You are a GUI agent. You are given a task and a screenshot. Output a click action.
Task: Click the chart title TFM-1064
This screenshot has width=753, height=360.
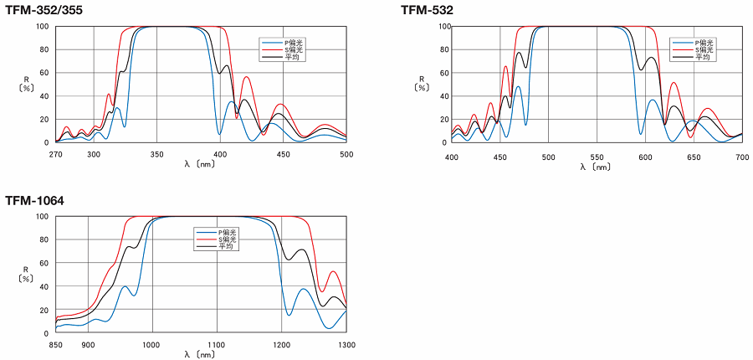pyautogui.click(x=34, y=201)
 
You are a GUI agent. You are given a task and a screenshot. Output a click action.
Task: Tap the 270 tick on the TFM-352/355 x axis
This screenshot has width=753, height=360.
pyautogui.click(x=56, y=154)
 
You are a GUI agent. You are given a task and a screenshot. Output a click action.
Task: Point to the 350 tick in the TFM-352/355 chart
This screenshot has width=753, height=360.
pyautogui.click(x=156, y=154)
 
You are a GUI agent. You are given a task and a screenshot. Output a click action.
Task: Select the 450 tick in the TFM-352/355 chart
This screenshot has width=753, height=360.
pyautogui.click(x=283, y=154)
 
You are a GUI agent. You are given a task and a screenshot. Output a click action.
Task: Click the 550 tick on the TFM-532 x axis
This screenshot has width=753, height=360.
pyautogui.click(x=596, y=157)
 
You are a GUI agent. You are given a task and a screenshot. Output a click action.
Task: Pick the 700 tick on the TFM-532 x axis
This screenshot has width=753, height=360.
pyautogui.click(x=741, y=157)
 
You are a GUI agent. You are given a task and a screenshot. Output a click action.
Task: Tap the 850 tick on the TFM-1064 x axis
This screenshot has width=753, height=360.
pyautogui.click(x=56, y=345)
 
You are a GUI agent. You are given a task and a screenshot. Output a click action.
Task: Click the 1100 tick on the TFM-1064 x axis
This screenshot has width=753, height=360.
pyautogui.click(x=217, y=345)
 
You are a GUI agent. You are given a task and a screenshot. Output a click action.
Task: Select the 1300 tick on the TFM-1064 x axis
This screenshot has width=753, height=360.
pyautogui.click(x=346, y=345)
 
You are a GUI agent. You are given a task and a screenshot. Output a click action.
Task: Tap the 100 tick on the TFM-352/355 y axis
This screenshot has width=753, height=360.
pyautogui.click(x=41, y=26)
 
